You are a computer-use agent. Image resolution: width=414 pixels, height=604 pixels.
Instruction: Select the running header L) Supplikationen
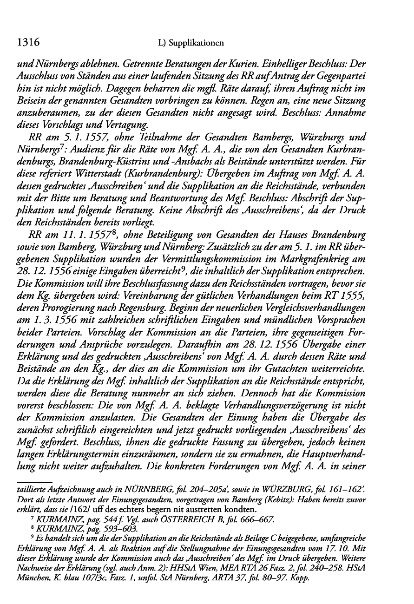tap(191, 44)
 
